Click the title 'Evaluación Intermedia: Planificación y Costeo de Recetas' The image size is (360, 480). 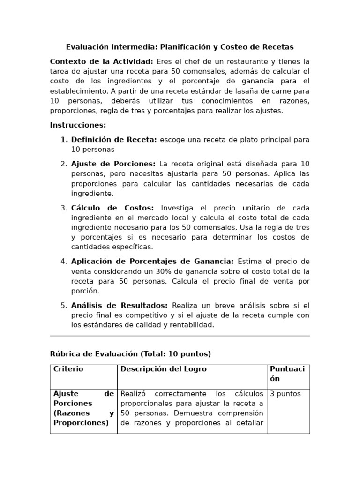[x=180, y=47]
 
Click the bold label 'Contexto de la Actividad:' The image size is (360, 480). [x=101, y=61]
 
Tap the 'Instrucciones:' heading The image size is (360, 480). [x=78, y=125]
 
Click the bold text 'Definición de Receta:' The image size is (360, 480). [x=114, y=140]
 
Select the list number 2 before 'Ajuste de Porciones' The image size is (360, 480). [x=64, y=164]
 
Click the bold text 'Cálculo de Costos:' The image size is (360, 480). [x=112, y=208]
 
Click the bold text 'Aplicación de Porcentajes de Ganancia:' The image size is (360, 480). [x=152, y=261]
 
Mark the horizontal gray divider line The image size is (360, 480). [x=180, y=336]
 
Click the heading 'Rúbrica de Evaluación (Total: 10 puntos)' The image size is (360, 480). [x=130, y=354]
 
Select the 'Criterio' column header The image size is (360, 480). [x=68, y=369]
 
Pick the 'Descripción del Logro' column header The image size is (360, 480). [x=163, y=369]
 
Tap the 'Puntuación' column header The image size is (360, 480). [x=287, y=374]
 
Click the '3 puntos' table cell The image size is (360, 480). [x=285, y=394]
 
